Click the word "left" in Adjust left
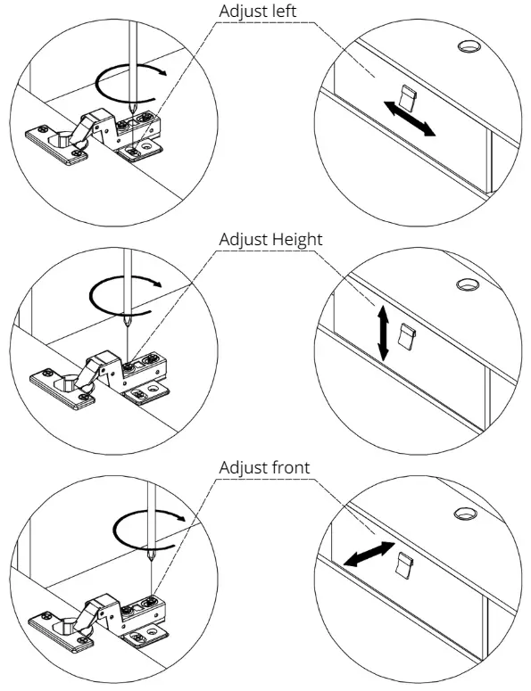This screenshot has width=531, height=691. click(283, 11)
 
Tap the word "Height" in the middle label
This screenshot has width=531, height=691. click(297, 239)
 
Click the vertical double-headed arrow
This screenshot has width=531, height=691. click(382, 333)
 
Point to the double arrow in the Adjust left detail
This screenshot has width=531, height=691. click(410, 119)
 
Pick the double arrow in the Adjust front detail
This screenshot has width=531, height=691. click(369, 554)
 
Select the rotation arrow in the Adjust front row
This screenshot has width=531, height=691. click(148, 530)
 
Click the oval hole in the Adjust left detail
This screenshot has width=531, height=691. click(469, 45)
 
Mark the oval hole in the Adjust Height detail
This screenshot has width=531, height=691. click(468, 284)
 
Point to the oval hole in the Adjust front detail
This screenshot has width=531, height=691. click(465, 513)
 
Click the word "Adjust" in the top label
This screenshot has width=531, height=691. click(243, 12)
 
